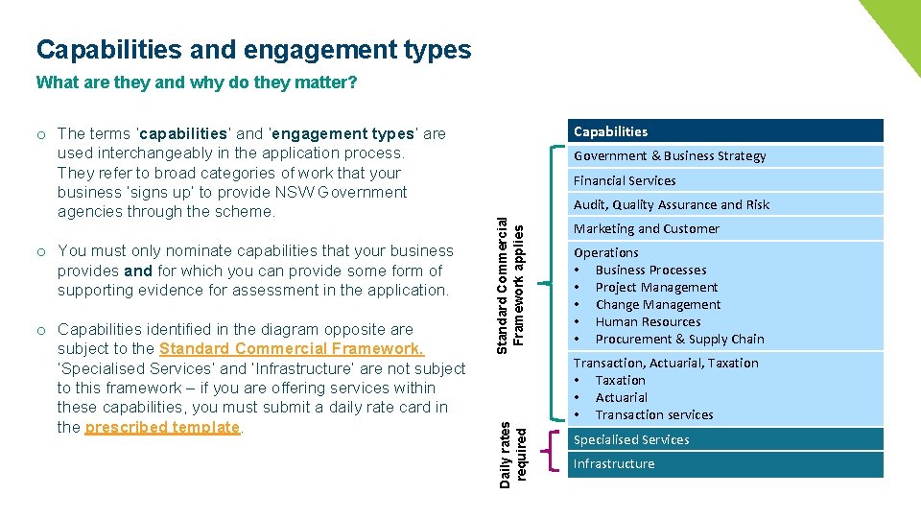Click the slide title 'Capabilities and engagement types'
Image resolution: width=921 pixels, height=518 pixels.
tap(253, 49)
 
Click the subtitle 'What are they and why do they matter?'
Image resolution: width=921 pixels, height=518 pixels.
tap(196, 82)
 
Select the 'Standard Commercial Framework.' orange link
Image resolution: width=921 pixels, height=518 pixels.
tap(292, 349)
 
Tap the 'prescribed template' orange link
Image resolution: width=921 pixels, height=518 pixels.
tap(162, 427)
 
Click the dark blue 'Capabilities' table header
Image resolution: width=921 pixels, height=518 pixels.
tap(724, 131)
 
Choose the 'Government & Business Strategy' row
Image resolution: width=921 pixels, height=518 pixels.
tap(724, 156)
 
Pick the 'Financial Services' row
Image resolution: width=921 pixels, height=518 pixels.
tap(724, 180)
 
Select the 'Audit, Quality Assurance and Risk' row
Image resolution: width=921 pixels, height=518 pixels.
tap(724, 204)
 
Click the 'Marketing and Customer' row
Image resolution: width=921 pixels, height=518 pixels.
tap(724, 228)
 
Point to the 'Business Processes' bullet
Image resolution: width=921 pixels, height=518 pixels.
tap(650, 271)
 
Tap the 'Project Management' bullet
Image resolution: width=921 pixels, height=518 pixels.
tap(656, 288)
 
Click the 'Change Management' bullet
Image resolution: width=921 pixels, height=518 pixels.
tap(657, 305)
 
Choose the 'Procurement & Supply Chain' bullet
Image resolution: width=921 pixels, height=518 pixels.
tap(679, 340)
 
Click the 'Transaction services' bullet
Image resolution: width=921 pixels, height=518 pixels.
tap(654, 415)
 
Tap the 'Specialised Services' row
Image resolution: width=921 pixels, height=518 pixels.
tap(724, 439)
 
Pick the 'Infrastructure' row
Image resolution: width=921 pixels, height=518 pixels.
tap(724, 464)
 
